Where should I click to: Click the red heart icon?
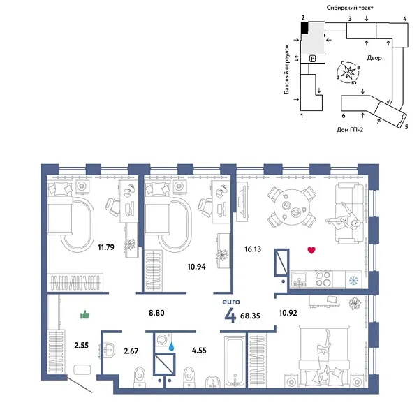tap(311, 250)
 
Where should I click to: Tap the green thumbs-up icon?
tap(85, 316)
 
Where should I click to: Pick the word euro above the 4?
tap(228, 302)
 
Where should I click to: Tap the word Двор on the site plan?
tap(373, 59)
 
